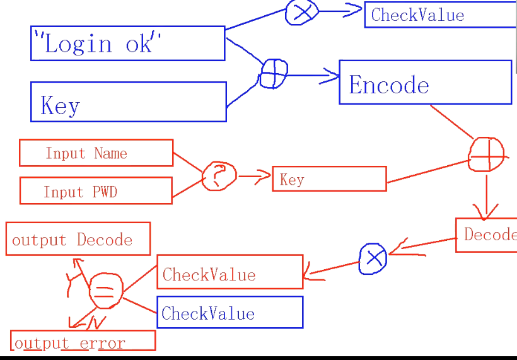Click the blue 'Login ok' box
[127, 44]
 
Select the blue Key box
[128, 102]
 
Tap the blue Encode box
[425, 83]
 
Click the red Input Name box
[96, 153]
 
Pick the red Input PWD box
[96, 191]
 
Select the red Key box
[329, 179]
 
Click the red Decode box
[486, 235]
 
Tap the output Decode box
[78, 239]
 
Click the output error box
[83, 341]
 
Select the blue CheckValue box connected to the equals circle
[230, 313]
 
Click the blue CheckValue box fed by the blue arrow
[440, 15]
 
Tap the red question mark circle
[219, 176]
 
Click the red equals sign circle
[105, 291]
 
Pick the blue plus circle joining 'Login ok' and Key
[274, 74]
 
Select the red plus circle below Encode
[487, 154]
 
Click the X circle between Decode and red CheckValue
[373, 258]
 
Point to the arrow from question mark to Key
[255, 178]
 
